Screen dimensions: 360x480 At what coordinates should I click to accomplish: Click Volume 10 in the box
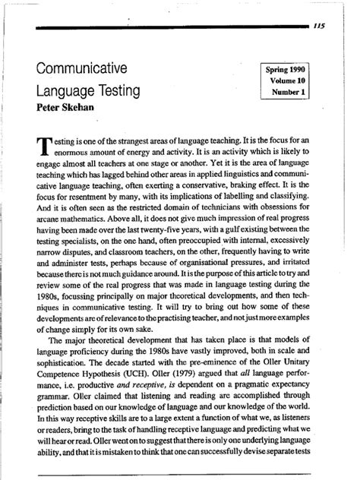[x=292, y=81]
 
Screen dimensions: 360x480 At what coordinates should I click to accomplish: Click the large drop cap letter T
[x=47, y=147]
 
